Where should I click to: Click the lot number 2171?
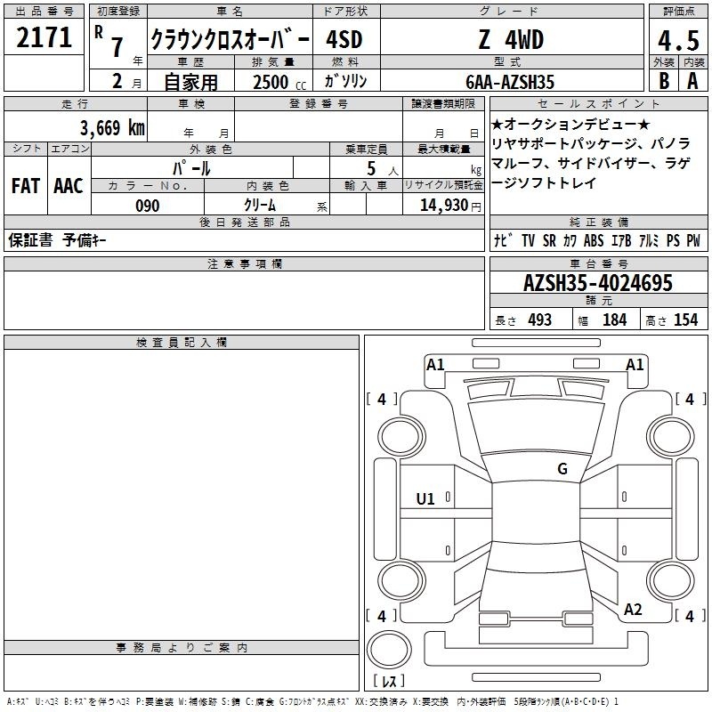coord(44,37)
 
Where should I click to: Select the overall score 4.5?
coord(678,40)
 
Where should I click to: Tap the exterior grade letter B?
coord(664,81)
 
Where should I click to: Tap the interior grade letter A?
coord(692,81)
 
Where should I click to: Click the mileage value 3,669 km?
coord(112,127)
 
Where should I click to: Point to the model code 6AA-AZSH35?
coord(510,82)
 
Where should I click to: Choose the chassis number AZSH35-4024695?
coord(597,283)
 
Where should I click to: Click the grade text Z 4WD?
coord(511,39)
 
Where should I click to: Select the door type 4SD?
coord(344,39)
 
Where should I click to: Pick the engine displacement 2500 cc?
coord(279,82)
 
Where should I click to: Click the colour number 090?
coord(148,206)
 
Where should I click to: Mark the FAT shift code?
coord(26,186)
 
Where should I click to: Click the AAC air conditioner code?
coord(69,186)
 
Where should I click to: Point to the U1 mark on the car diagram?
coord(425,499)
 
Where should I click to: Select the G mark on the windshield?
coord(562,469)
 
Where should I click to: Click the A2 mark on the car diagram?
coord(633,610)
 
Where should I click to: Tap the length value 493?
coord(540,320)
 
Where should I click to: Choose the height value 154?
coord(685,320)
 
